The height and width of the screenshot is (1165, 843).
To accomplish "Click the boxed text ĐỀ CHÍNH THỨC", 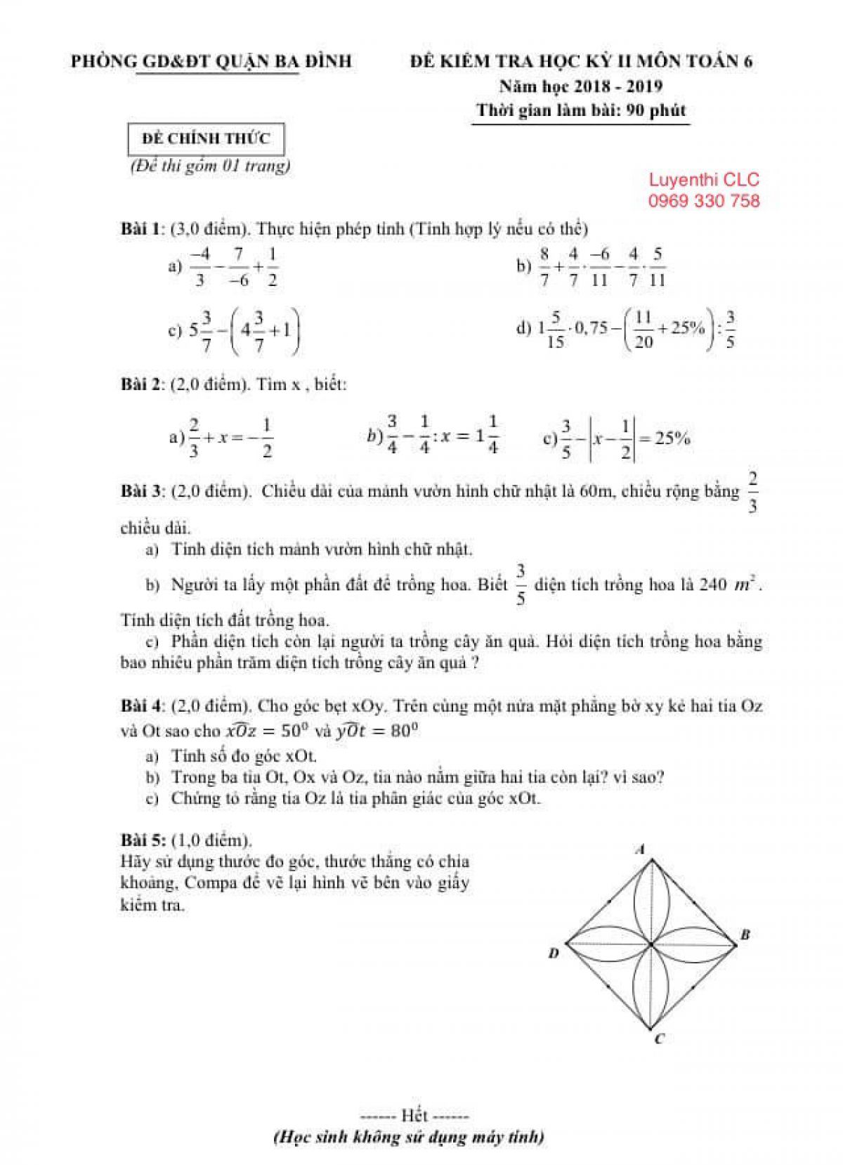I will (206, 138).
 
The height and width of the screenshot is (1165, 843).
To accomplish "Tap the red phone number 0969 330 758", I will (704, 201).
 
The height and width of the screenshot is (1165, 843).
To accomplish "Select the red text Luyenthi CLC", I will (704, 180).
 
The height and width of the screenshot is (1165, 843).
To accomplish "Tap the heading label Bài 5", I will (143, 840).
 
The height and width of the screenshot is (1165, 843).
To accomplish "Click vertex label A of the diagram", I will (640, 849).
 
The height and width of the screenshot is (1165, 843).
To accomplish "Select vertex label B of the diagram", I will (745, 935).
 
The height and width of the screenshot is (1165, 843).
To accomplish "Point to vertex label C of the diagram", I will (659, 1039).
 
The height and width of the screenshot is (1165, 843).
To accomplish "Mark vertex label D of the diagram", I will (554, 954).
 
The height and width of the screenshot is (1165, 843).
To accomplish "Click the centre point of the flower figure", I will (651, 945).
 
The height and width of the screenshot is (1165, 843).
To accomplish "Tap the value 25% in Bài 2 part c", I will (672, 438).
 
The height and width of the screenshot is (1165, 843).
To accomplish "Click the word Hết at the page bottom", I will (414, 1115).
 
